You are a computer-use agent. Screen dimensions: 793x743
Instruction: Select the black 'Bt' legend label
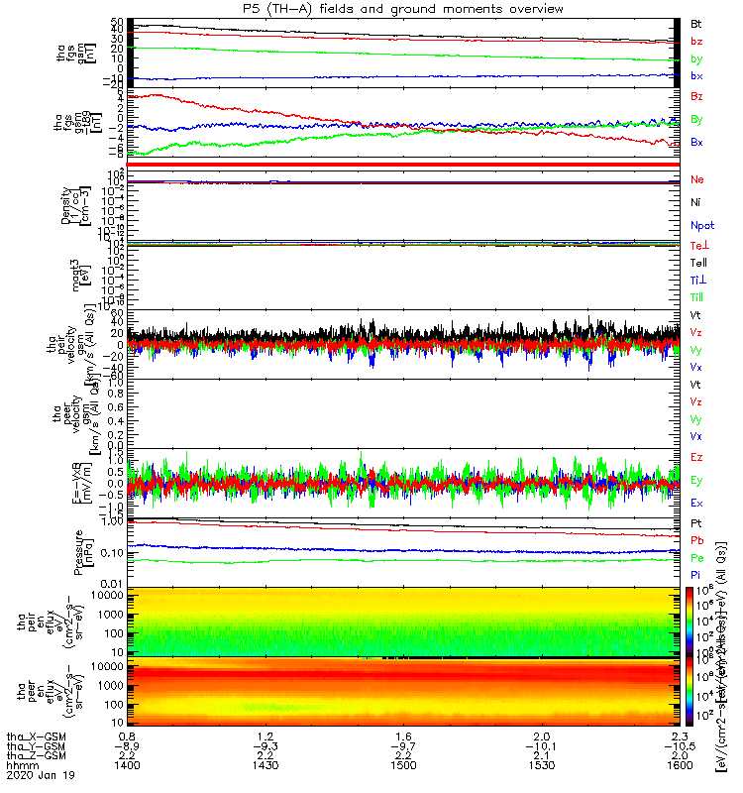pos(696,22)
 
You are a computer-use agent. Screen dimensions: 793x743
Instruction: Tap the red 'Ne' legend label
pos(696,179)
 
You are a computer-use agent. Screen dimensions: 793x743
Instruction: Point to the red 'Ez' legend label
pos(696,457)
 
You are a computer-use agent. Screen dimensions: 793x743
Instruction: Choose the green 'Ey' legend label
pos(696,480)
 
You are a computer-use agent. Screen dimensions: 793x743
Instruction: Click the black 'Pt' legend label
pos(696,521)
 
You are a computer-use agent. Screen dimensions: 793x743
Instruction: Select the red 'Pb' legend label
pos(696,540)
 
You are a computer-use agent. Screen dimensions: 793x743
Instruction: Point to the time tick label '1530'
pos(541,767)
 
